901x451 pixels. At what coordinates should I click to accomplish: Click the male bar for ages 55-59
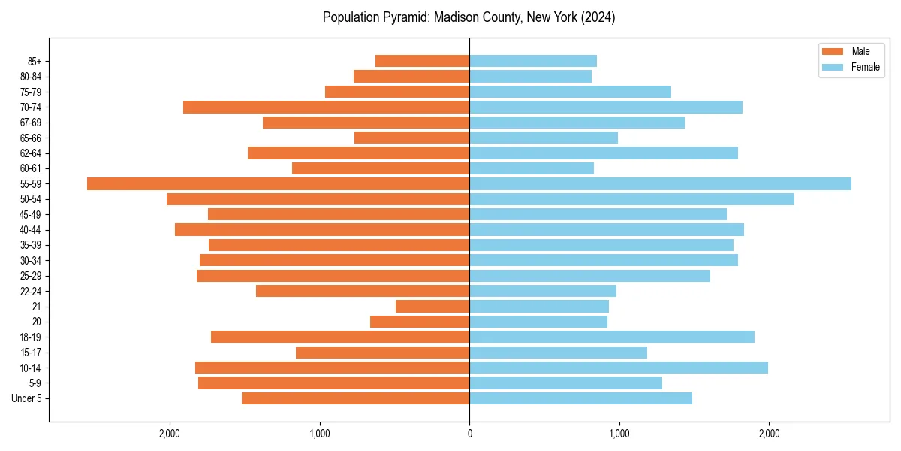click(278, 184)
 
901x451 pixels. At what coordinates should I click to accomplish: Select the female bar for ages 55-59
click(660, 184)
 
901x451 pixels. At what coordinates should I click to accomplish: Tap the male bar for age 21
click(432, 307)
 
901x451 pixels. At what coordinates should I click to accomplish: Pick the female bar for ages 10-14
click(619, 368)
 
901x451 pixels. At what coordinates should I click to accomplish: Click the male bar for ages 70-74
click(326, 107)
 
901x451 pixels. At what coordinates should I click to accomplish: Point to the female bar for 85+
click(533, 61)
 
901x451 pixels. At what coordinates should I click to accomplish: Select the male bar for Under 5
click(355, 398)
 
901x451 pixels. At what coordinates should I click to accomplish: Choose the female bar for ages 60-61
click(532, 168)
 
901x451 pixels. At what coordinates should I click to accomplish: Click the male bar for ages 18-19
click(340, 337)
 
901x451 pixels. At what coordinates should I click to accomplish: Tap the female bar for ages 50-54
click(631, 199)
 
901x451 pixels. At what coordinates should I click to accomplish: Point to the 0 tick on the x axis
click(469, 433)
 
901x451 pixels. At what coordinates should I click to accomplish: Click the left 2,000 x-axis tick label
click(170, 433)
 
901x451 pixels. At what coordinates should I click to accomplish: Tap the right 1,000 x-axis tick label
click(619, 433)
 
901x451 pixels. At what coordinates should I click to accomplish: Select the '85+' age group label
click(35, 61)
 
